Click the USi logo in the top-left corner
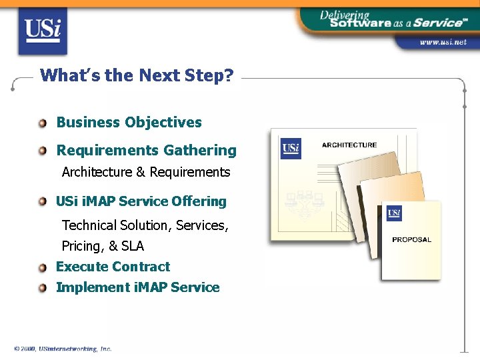click(43, 31)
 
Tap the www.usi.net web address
click(442, 42)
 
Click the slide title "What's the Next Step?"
click(137, 75)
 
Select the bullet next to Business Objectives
click(43, 123)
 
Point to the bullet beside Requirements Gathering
click(43, 151)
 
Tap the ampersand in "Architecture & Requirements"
click(140, 172)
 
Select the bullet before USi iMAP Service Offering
click(43, 201)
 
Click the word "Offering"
click(199, 201)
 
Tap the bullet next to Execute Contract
click(43, 267)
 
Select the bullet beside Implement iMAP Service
click(43, 288)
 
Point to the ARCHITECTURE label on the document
click(349, 145)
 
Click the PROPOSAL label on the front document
click(411, 239)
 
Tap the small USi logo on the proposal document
click(394, 213)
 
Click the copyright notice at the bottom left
click(63, 349)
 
